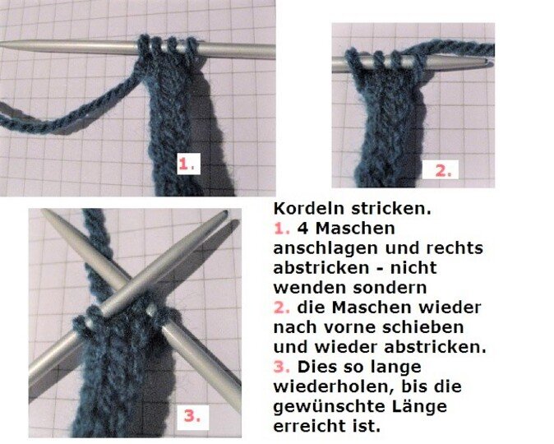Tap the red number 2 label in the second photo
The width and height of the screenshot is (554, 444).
click(x=442, y=171)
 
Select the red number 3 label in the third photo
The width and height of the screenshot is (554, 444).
click(x=191, y=416)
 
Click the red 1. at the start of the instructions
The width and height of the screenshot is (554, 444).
click(x=279, y=227)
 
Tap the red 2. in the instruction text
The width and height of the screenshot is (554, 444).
click(x=279, y=307)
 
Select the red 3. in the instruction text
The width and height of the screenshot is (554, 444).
click(x=279, y=367)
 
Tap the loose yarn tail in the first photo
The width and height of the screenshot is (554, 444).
click(x=58, y=123)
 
